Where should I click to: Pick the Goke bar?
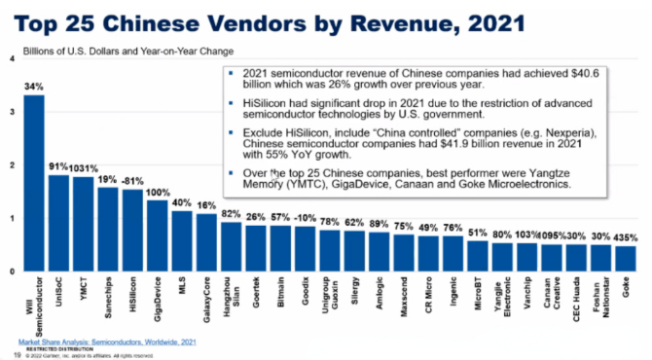(626, 259)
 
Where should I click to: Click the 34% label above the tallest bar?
(34, 87)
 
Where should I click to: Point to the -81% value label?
(132, 181)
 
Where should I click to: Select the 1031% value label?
(84, 167)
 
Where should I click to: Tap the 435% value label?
(627, 236)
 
